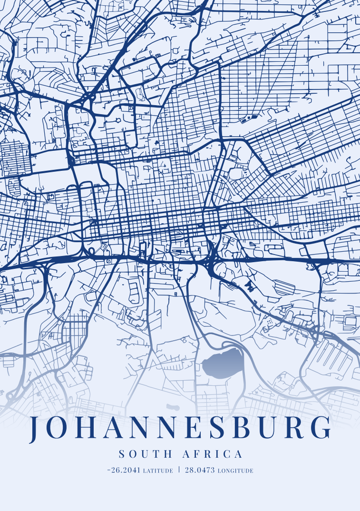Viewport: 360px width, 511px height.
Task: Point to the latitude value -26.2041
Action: pyautogui.click(x=124, y=470)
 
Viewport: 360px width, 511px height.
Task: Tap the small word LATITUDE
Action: pyautogui.click(x=158, y=471)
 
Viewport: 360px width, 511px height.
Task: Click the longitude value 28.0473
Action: pyautogui.click(x=200, y=470)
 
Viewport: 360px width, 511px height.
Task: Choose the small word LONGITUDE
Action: pyautogui.click(x=235, y=471)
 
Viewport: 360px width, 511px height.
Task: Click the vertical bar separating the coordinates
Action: pyautogui.click(x=179, y=470)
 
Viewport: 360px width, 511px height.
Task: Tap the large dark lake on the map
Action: pyautogui.click(x=223, y=363)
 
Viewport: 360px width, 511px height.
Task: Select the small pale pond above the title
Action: pyautogui.click(x=173, y=407)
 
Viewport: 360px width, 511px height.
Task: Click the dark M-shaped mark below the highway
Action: pyautogui.click(x=250, y=285)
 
